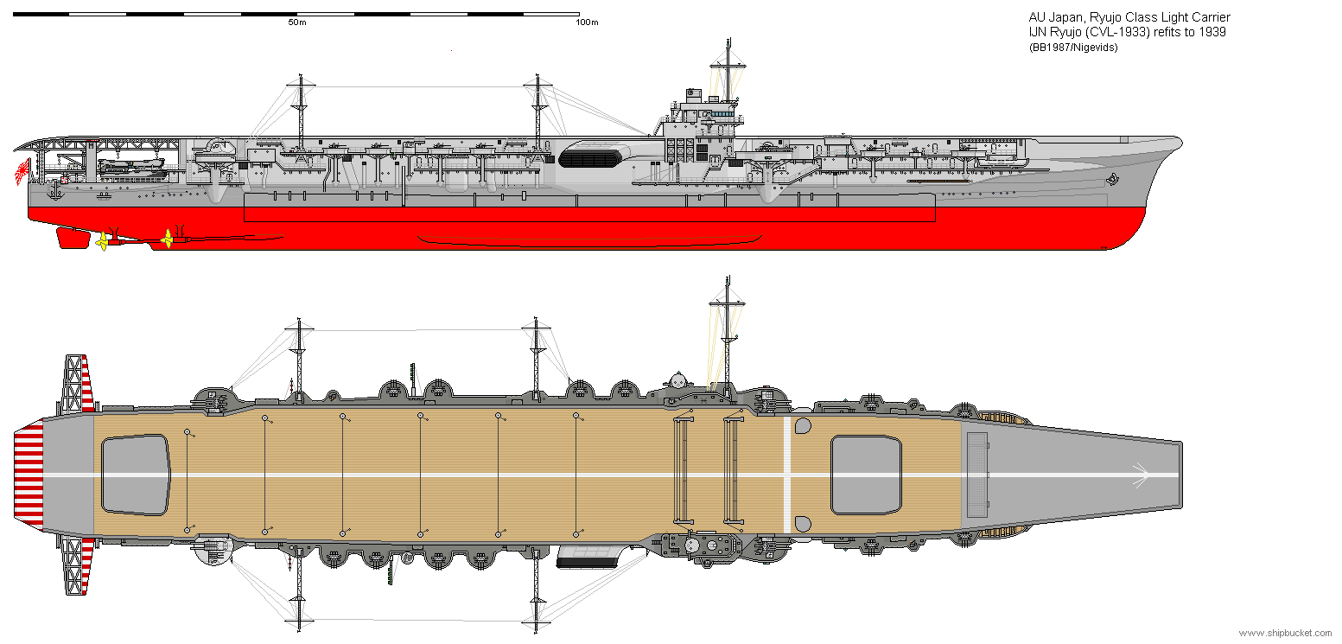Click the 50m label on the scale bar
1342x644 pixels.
pyautogui.click(x=296, y=22)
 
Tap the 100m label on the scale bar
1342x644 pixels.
pyautogui.click(x=587, y=22)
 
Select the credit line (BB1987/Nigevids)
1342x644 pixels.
pyautogui.click(x=1072, y=48)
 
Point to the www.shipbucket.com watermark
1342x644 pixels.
pyautogui.click(x=1286, y=634)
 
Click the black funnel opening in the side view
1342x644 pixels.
pyautogui.click(x=590, y=158)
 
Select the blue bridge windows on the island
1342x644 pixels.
pyautogui.click(x=719, y=112)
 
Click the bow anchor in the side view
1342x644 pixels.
pyautogui.click(x=1113, y=179)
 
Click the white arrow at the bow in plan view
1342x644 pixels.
pyautogui.click(x=1139, y=475)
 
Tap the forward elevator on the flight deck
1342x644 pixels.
pyautogui.click(x=866, y=475)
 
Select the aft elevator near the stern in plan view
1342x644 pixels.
pyautogui.click(x=135, y=475)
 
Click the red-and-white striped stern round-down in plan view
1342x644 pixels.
pyautogui.click(x=29, y=475)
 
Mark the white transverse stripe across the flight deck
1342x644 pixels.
pyautogui.click(x=786, y=475)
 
